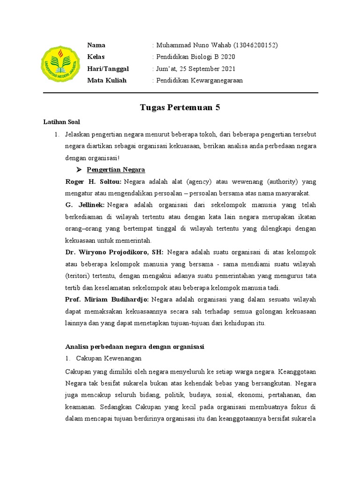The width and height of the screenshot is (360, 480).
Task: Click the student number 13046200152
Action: [254, 45]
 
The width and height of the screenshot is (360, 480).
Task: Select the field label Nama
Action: [96, 45]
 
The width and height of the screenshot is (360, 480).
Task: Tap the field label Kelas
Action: [96, 57]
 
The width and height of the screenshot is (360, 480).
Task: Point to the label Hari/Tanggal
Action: [108, 69]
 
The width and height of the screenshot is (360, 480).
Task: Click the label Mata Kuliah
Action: [107, 81]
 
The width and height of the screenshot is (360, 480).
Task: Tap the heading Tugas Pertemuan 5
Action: [180, 108]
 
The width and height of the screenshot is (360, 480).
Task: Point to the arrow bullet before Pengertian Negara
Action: [79, 170]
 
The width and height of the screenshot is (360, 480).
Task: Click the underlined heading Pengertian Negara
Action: [116, 170]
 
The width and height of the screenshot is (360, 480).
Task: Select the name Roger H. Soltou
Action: [93, 181]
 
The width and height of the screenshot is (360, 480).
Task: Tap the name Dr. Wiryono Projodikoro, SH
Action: [114, 252]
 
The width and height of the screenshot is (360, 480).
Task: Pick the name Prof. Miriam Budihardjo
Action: [107, 300]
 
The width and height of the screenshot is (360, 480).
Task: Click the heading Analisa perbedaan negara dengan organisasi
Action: [135, 347]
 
